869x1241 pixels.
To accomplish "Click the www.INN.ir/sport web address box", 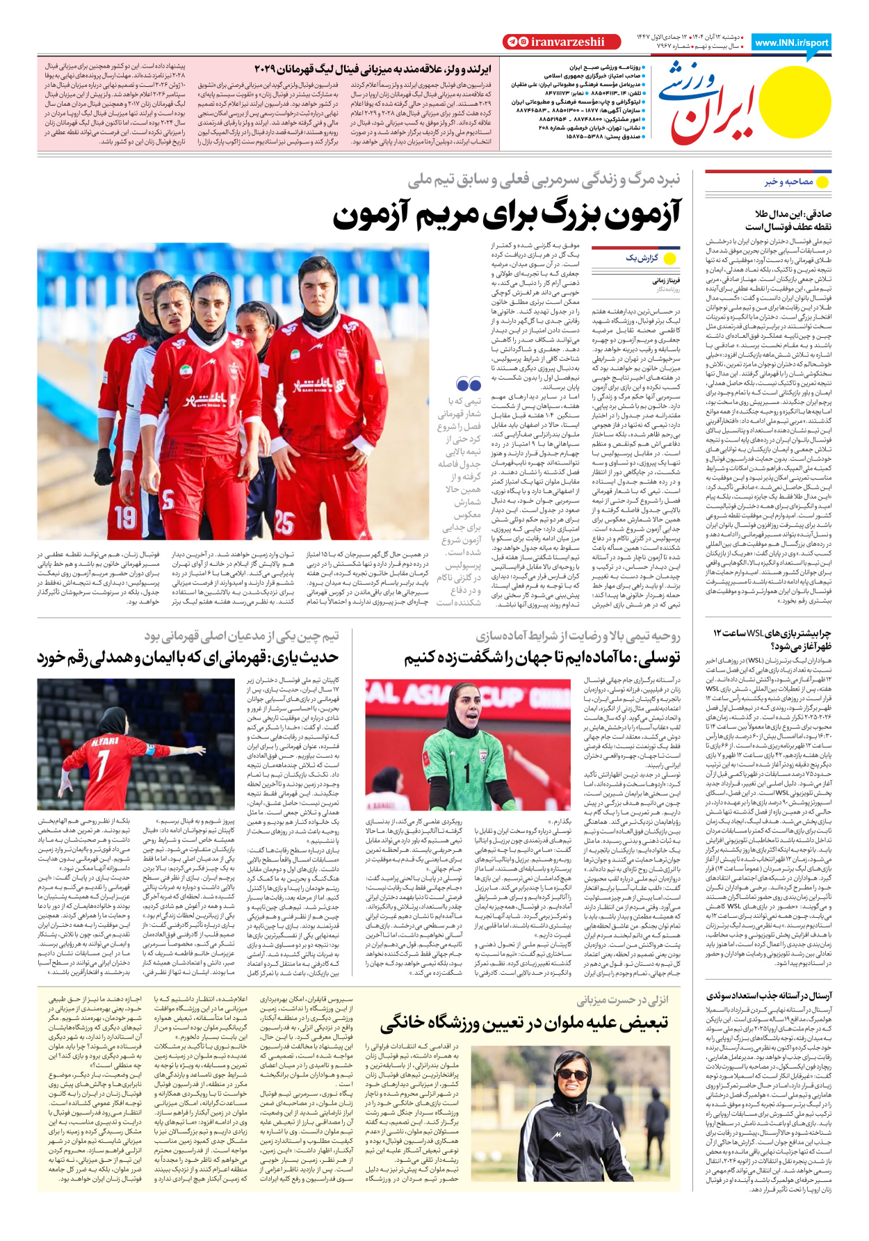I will pos(791,42).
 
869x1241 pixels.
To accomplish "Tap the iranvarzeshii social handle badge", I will pos(553,42).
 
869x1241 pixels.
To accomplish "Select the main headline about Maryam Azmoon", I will pos(507,215).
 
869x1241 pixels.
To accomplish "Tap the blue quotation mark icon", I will pos(469,384).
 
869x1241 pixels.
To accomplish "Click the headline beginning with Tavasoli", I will pos(542,658).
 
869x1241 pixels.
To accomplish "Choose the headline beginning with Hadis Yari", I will pos(188,658).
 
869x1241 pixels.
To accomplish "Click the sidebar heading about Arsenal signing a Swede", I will pos(769,996).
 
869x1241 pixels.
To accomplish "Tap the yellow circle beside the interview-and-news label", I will pos(822,182).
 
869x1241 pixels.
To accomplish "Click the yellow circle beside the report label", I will pos(670,259).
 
